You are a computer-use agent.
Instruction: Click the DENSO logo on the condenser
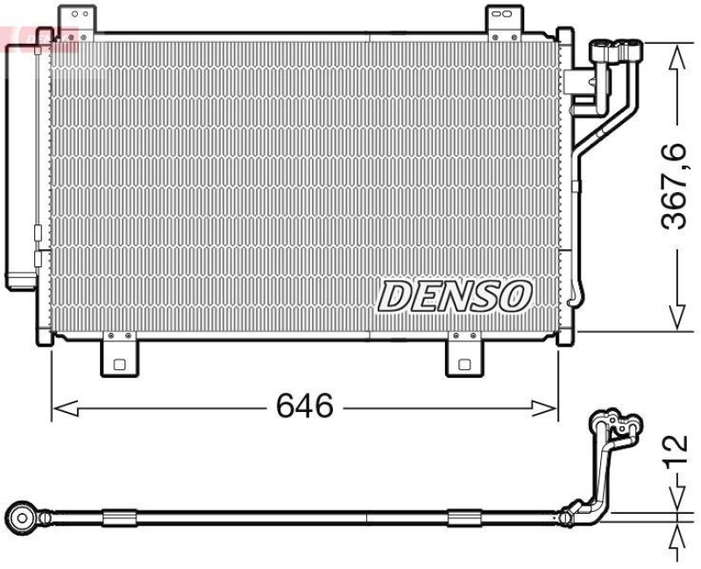(455, 296)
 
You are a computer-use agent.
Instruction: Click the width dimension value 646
(304, 406)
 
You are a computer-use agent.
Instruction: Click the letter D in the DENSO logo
(394, 297)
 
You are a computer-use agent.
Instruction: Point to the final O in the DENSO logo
(516, 295)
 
